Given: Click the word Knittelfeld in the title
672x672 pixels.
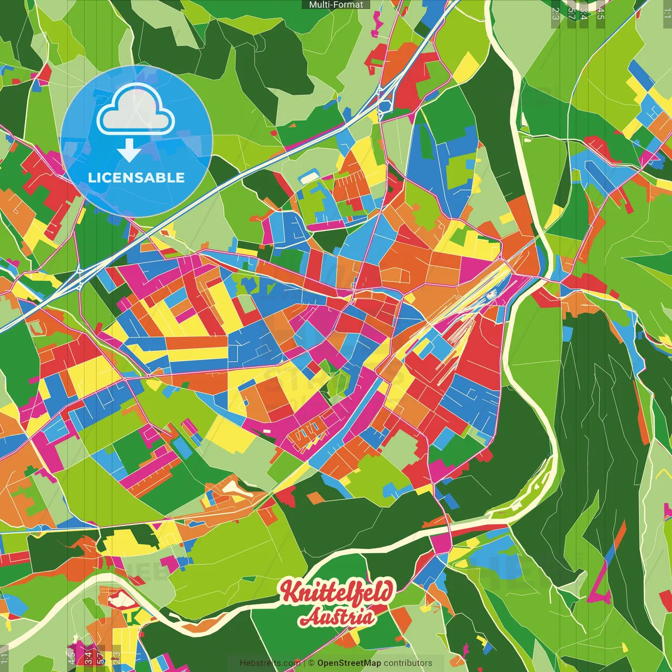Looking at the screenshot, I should [336, 592].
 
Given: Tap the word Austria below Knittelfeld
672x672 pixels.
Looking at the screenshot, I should [337, 617].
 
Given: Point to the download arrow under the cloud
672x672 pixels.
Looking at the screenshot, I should [129, 151].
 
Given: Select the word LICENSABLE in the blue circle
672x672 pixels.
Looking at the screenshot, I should [136, 177].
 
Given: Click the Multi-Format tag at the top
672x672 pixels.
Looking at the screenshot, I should [336, 5].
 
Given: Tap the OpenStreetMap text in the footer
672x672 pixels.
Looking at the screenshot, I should [349, 663].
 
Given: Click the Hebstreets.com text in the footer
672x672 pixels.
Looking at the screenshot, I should [270, 663].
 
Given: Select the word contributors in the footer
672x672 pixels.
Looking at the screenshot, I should [408, 663].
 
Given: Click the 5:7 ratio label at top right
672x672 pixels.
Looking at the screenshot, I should [571, 13].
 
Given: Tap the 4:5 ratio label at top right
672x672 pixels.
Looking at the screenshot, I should [601, 13].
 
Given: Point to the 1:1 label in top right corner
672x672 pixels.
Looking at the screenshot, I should [667, 13].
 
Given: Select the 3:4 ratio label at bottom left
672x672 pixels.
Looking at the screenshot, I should [88, 657].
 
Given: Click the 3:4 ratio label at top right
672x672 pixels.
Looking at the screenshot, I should [583, 13].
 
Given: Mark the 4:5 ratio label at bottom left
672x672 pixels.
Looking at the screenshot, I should [71, 657].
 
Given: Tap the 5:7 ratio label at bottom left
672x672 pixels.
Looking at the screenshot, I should [101, 657].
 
